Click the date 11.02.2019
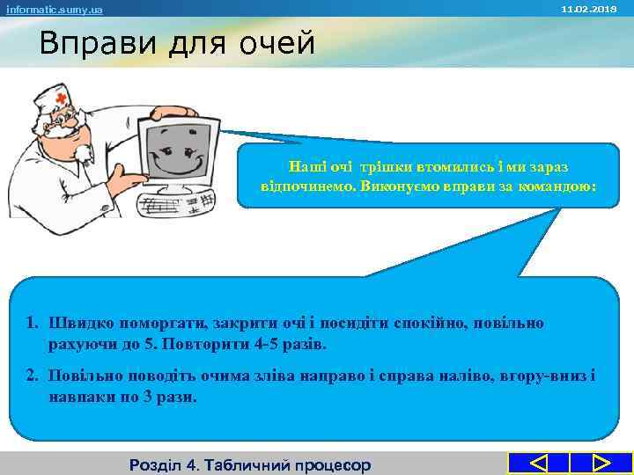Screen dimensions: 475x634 pyautogui.click(x=602, y=8)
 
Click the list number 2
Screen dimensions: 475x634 pyautogui.click(x=32, y=376)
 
